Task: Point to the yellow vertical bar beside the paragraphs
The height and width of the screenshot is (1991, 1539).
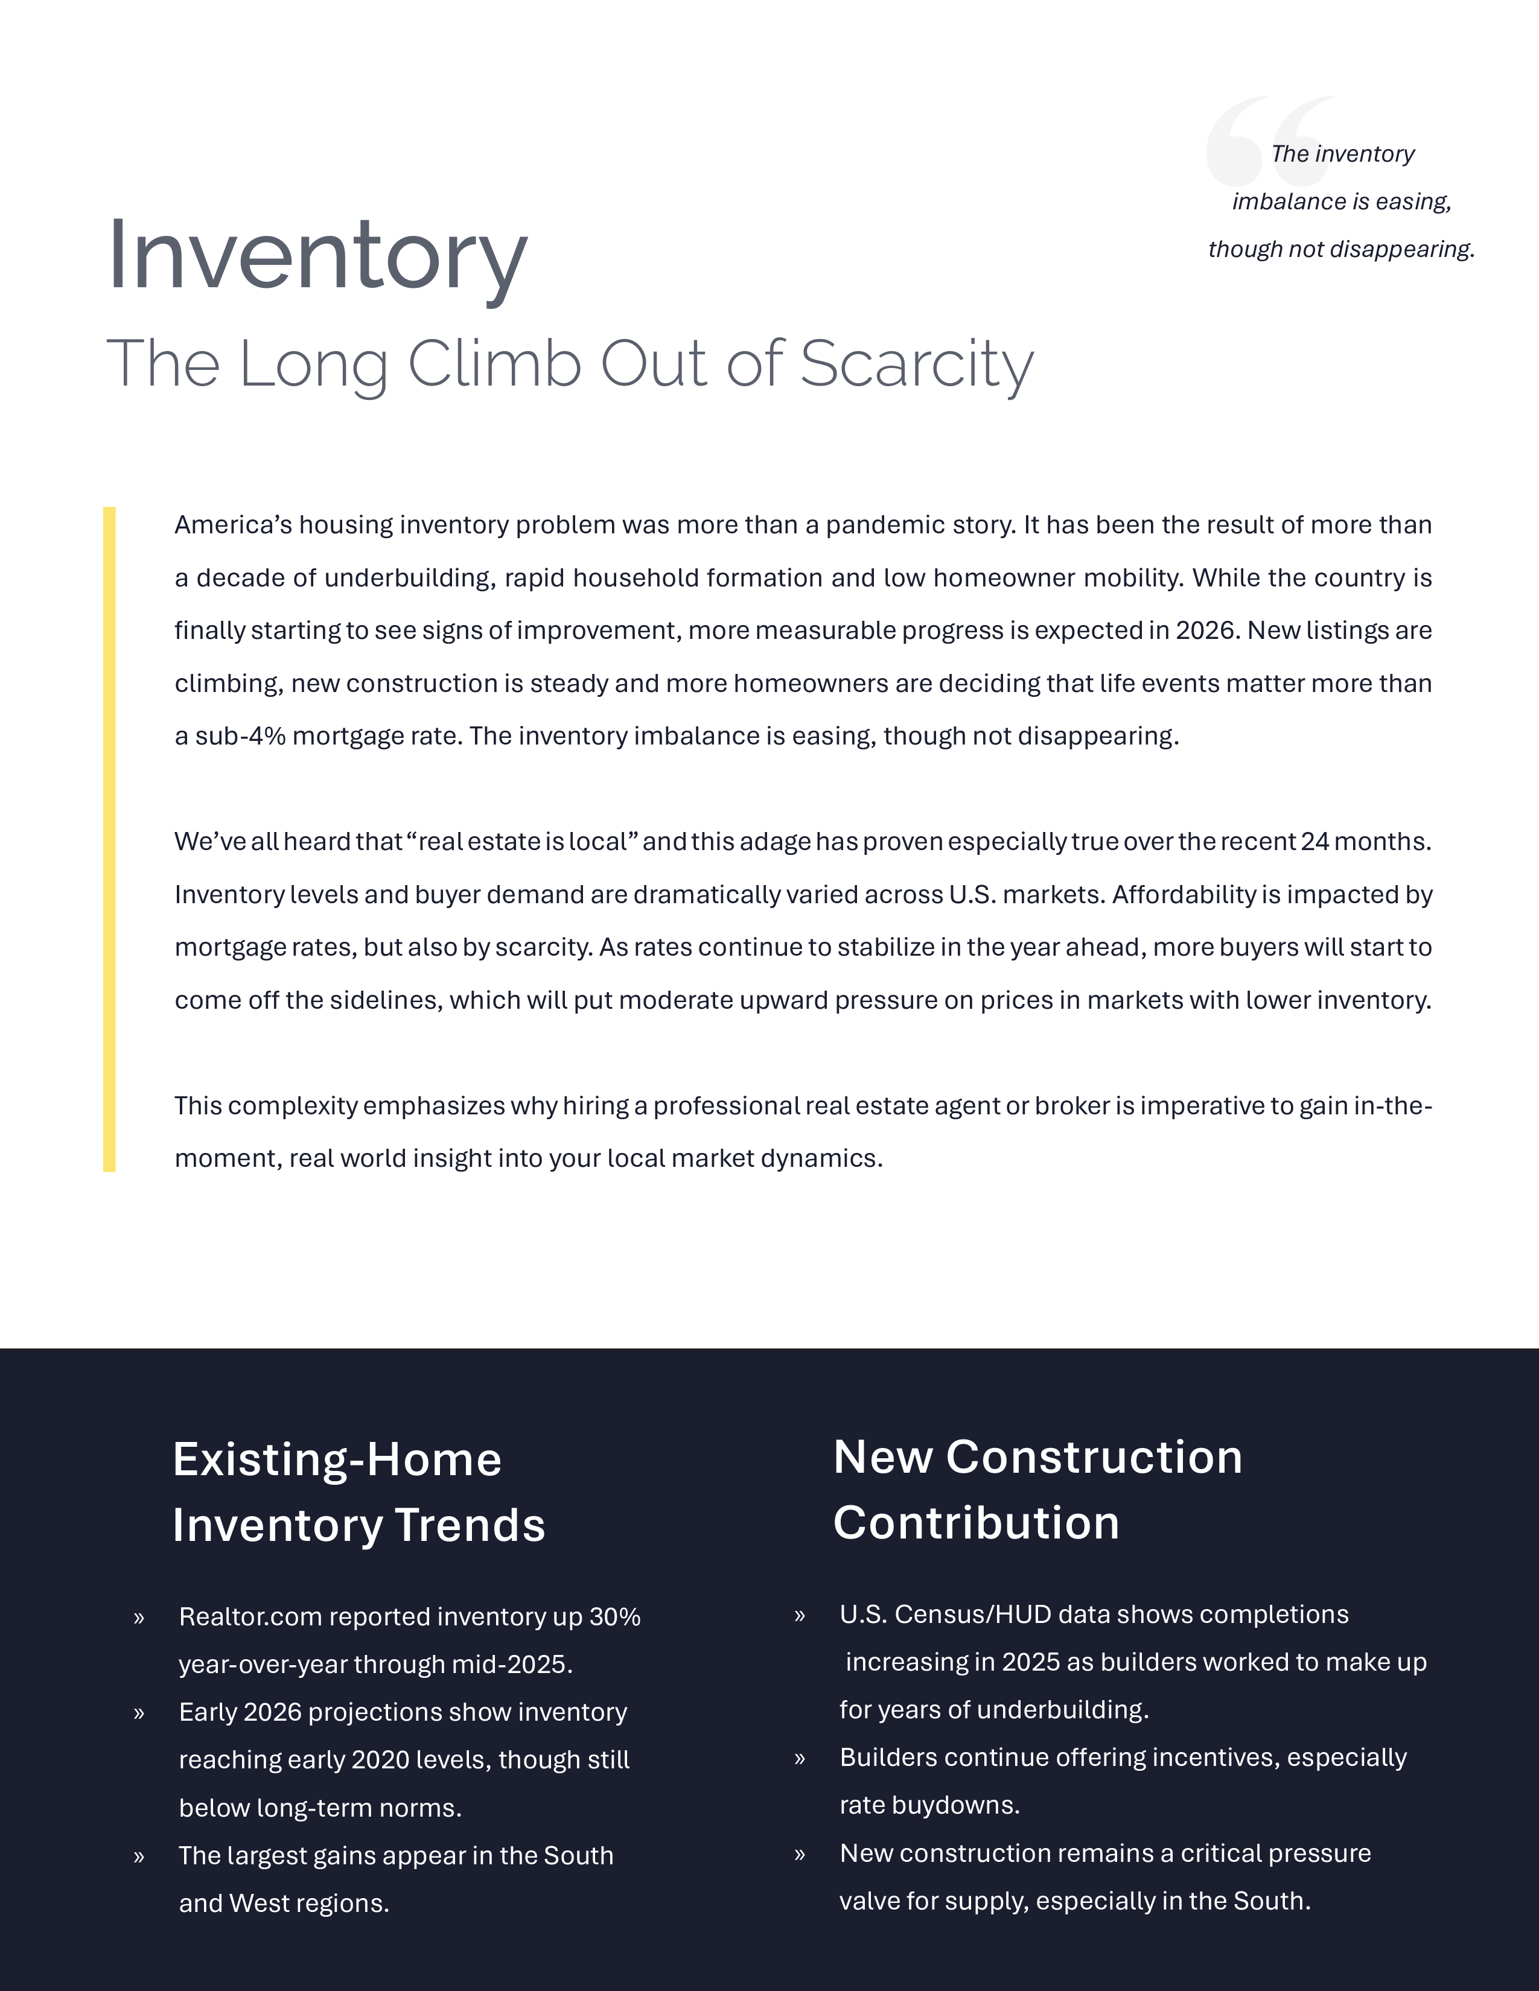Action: click(109, 839)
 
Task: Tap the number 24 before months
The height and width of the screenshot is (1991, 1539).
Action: click(1314, 842)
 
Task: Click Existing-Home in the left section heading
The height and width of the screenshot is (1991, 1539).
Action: click(336, 1459)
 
